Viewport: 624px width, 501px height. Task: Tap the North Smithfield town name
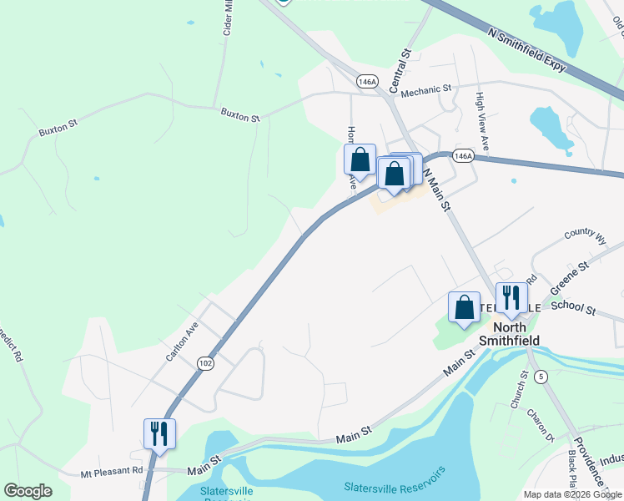tap(511, 334)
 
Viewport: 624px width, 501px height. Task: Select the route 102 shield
tap(204, 362)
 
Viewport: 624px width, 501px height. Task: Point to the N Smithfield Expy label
tap(529, 49)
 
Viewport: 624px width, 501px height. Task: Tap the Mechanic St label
tap(425, 88)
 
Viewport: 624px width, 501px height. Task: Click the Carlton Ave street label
tap(181, 341)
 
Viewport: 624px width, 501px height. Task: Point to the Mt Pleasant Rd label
tap(112, 471)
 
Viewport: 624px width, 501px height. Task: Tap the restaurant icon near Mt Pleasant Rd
tap(159, 433)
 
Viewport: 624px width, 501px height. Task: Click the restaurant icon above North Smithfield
tap(511, 297)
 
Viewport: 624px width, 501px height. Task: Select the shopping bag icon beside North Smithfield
tap(464, 306)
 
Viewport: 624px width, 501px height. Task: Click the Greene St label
tap(571, 276)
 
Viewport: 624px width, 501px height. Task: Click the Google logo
tap(28, 491)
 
